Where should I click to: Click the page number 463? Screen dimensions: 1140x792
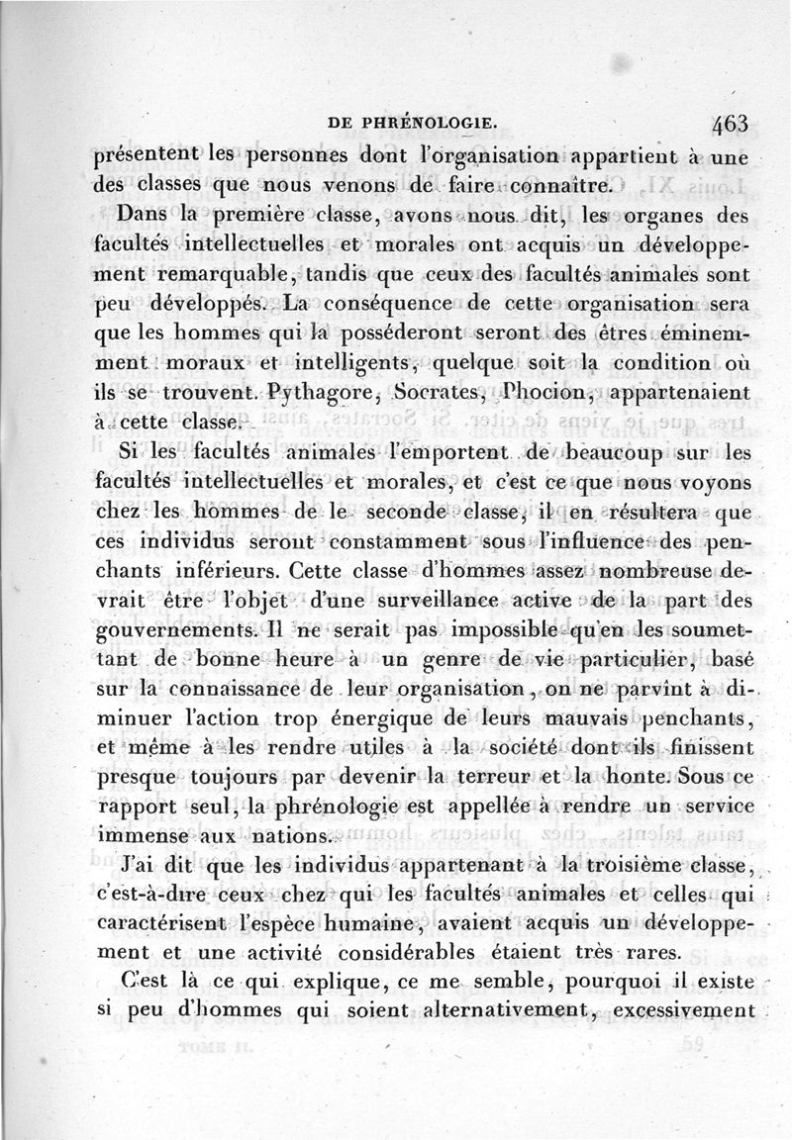(729, 126)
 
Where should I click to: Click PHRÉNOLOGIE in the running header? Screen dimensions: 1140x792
(413, 124)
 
